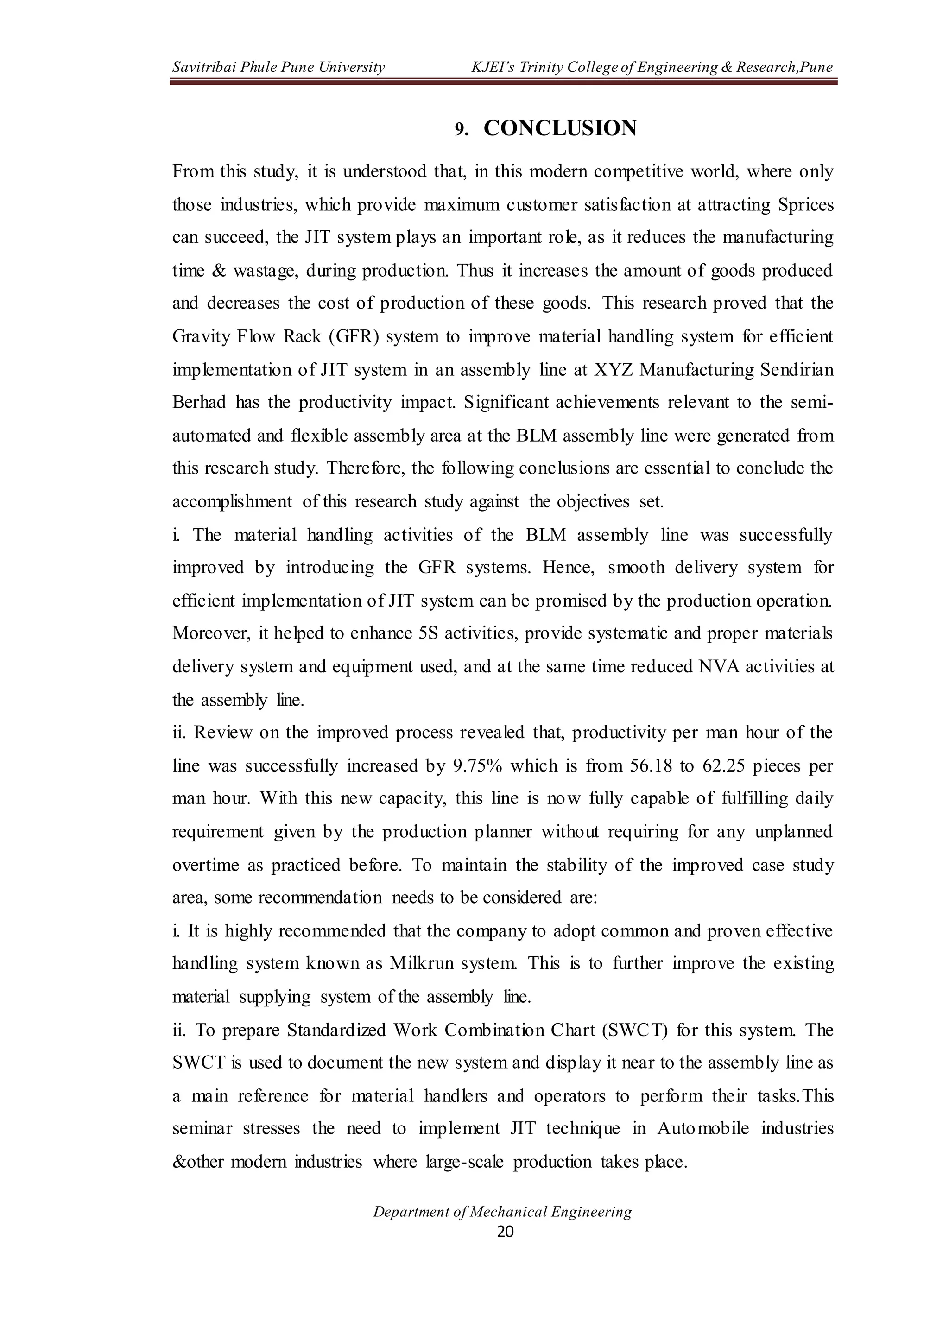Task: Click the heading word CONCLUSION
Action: point(560,128)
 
